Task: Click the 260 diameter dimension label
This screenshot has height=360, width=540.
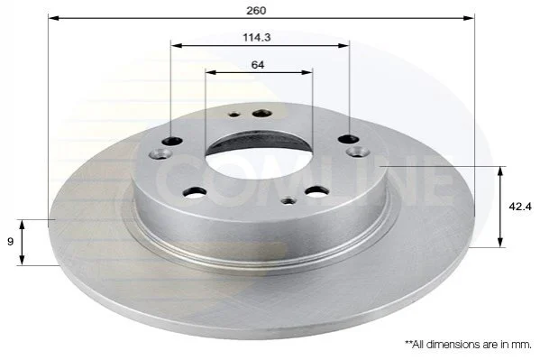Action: (x=256, y=10)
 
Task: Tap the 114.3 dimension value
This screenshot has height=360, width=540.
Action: (x=257, y=37)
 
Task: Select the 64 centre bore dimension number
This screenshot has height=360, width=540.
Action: (x=258, y=64)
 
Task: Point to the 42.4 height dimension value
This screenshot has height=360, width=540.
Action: (x=520, y=207)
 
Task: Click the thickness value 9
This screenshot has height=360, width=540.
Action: (x=10, y=242)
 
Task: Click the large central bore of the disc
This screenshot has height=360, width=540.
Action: (x=259, y=156)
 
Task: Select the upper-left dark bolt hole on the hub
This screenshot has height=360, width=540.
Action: (x=172, y=141)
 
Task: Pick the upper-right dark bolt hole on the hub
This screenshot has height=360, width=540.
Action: (x=349, y=139)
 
